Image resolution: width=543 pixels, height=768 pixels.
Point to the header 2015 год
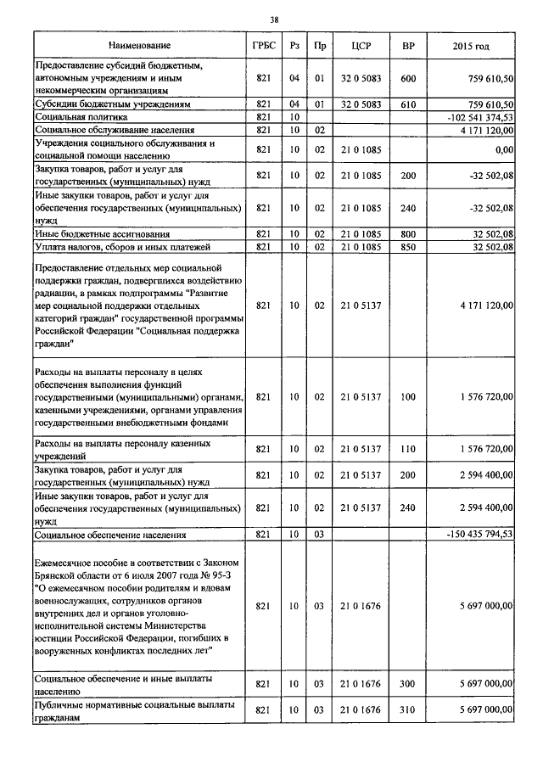coord(472,44)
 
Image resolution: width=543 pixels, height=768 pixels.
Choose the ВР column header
coord(407,44)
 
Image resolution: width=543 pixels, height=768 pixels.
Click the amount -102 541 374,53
coord(478,117)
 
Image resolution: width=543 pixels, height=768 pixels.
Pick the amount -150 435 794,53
coord(478,535)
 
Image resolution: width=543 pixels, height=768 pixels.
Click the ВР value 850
coord(407,247)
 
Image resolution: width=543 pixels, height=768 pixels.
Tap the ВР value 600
coord(407,78)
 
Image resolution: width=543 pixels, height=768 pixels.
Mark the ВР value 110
coord(407,449)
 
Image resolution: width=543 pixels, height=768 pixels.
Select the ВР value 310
coord(407,709)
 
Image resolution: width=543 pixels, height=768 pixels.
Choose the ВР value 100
coord(407,396)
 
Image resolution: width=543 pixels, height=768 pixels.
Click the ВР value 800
coord(407,233)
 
